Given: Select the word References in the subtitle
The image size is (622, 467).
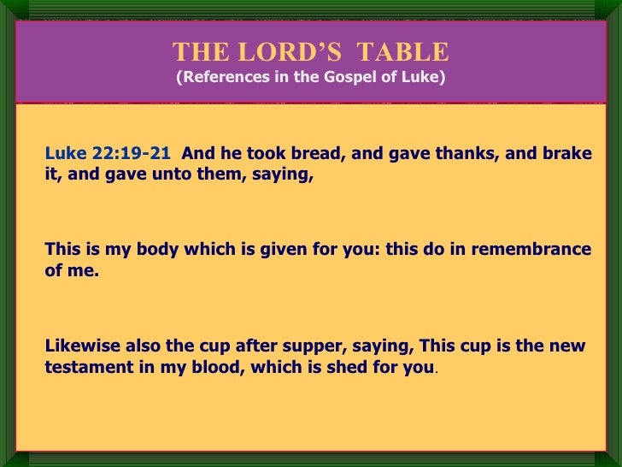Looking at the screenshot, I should point(220,79).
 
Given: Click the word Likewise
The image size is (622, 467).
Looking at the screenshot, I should point(81,346).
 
